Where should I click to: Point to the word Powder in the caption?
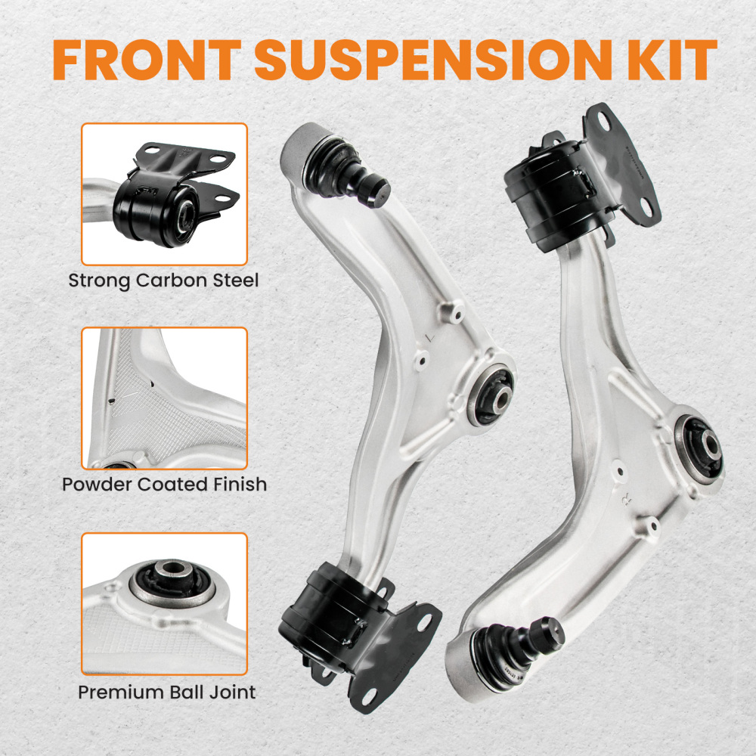tap(98, 484)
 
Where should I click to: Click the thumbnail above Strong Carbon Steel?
tap(164, 194)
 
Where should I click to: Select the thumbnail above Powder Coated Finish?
tap(164, 398)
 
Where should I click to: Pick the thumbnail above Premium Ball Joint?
tap(164, 603)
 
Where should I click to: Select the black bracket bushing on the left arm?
tap(326, 621)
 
